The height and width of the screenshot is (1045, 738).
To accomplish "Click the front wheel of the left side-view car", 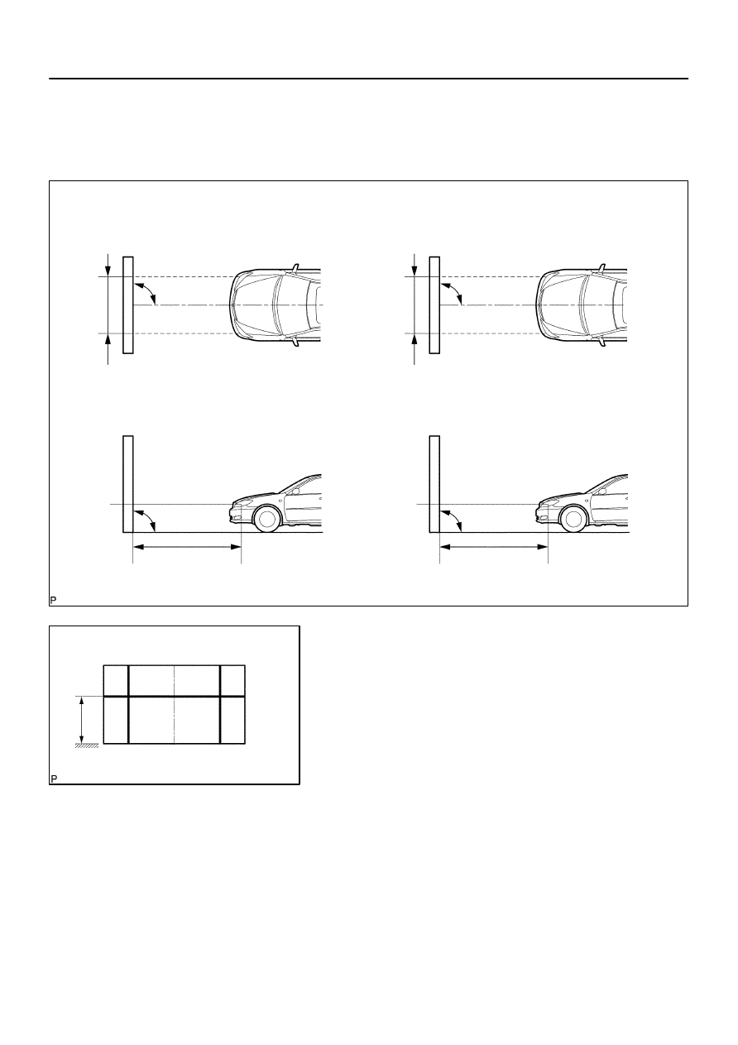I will pyautogui.click(x=266, y=519).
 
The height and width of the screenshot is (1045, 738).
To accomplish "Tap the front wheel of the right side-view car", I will pyautogui.click(x=573, y=519).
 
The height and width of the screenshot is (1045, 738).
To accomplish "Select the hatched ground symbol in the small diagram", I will pyautogui.click(x=87, y=746).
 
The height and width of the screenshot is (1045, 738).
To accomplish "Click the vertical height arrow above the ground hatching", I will pyautogui.click(x=81, y=720).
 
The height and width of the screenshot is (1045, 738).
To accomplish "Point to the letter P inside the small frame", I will pyautogui.click(x=55, y=779).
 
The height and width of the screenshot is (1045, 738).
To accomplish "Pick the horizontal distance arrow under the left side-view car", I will pyautogui.click(x=186, y=546).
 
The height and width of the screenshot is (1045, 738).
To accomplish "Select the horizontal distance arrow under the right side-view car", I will pyautogui.click(x=493, y=546).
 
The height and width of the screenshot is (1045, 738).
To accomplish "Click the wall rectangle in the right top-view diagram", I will pyautogui.click(x=434, y=304).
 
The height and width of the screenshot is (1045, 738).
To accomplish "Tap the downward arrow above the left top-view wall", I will pyautogui.click(x=108, y=265).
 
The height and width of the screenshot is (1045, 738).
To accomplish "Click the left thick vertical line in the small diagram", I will pyautogui.click(x=128, y=703).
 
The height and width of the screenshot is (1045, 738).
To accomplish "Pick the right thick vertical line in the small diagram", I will pyautogui.click(x=220, y=703).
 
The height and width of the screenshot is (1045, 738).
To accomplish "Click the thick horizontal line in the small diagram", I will pyautogui.click(x=175, y=697).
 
